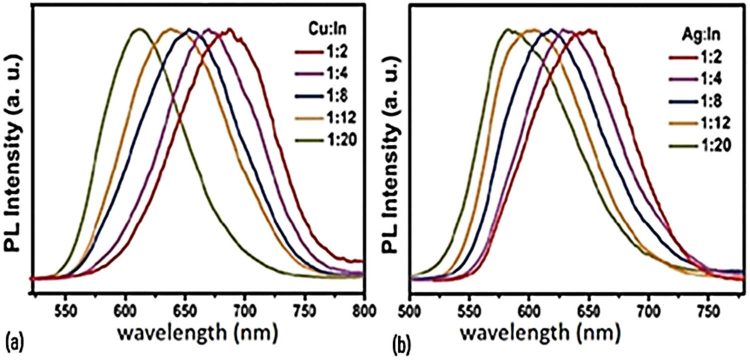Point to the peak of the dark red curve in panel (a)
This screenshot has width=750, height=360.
230,29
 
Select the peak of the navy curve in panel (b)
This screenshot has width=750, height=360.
551,29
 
